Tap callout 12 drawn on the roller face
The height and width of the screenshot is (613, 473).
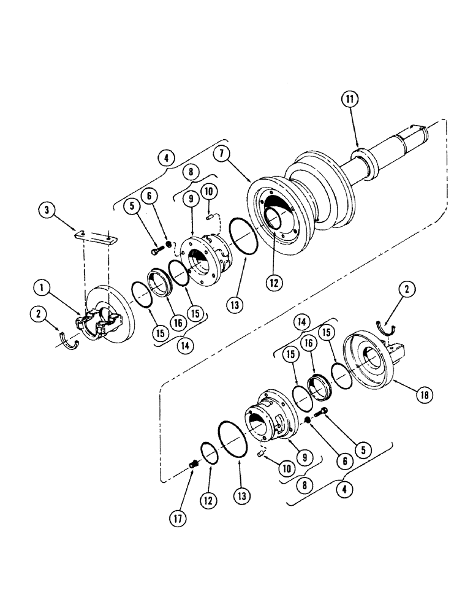(x=275, y=283)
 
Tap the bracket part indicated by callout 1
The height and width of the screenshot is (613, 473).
(x=92, y=324)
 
